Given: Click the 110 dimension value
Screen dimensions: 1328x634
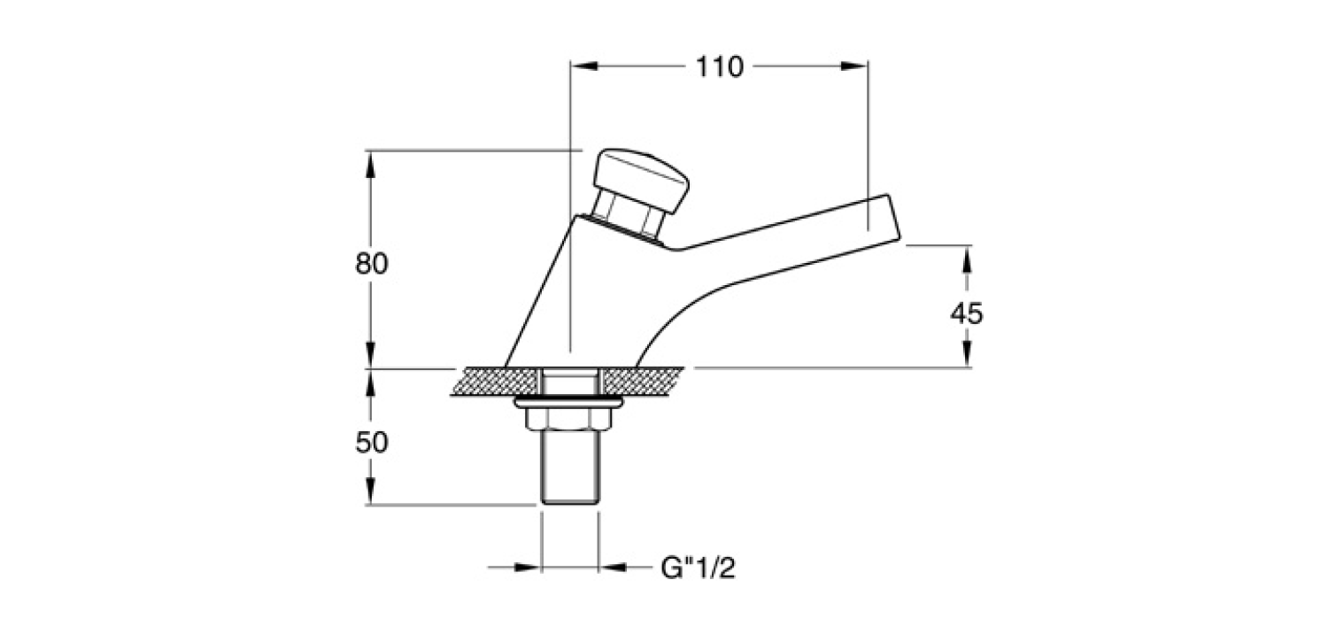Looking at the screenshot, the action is [x=719, y=67].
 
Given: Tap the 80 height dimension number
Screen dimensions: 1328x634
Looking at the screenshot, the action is [x=372, y=263].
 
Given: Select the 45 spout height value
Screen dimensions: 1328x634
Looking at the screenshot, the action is [x=967, y=313].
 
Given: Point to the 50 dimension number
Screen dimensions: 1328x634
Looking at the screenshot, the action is [x=372, y=443].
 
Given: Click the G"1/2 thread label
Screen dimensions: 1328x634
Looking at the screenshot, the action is [x=698, y=568].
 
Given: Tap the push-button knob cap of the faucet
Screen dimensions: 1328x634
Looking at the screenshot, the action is [x=642, y=180].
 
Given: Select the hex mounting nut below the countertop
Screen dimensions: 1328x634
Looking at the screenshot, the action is [x=568, y=419].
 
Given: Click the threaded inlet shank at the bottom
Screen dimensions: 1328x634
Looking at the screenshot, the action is [x=570, y=467].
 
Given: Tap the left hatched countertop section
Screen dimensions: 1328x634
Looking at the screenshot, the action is [x=496, y=382].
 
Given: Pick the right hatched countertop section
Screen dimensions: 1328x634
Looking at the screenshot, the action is [x=642, y=382].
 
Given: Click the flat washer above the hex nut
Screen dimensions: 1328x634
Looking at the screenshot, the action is [x=568, y=402].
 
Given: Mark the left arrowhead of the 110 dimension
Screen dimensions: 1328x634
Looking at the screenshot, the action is [x=583, y=66].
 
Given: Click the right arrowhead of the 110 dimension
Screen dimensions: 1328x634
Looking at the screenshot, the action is [x=854, y=66].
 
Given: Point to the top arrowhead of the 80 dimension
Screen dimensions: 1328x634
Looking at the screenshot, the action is [x=370, y=165].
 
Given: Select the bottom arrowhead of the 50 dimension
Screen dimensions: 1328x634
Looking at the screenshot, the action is [x=370, y=491].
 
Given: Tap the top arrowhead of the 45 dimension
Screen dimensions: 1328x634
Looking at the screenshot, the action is [x=967, y=259].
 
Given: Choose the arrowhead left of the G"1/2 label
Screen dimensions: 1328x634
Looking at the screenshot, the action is [x=527, y=568].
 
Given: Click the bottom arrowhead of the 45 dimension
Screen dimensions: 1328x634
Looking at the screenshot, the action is [x=967, y=354].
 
